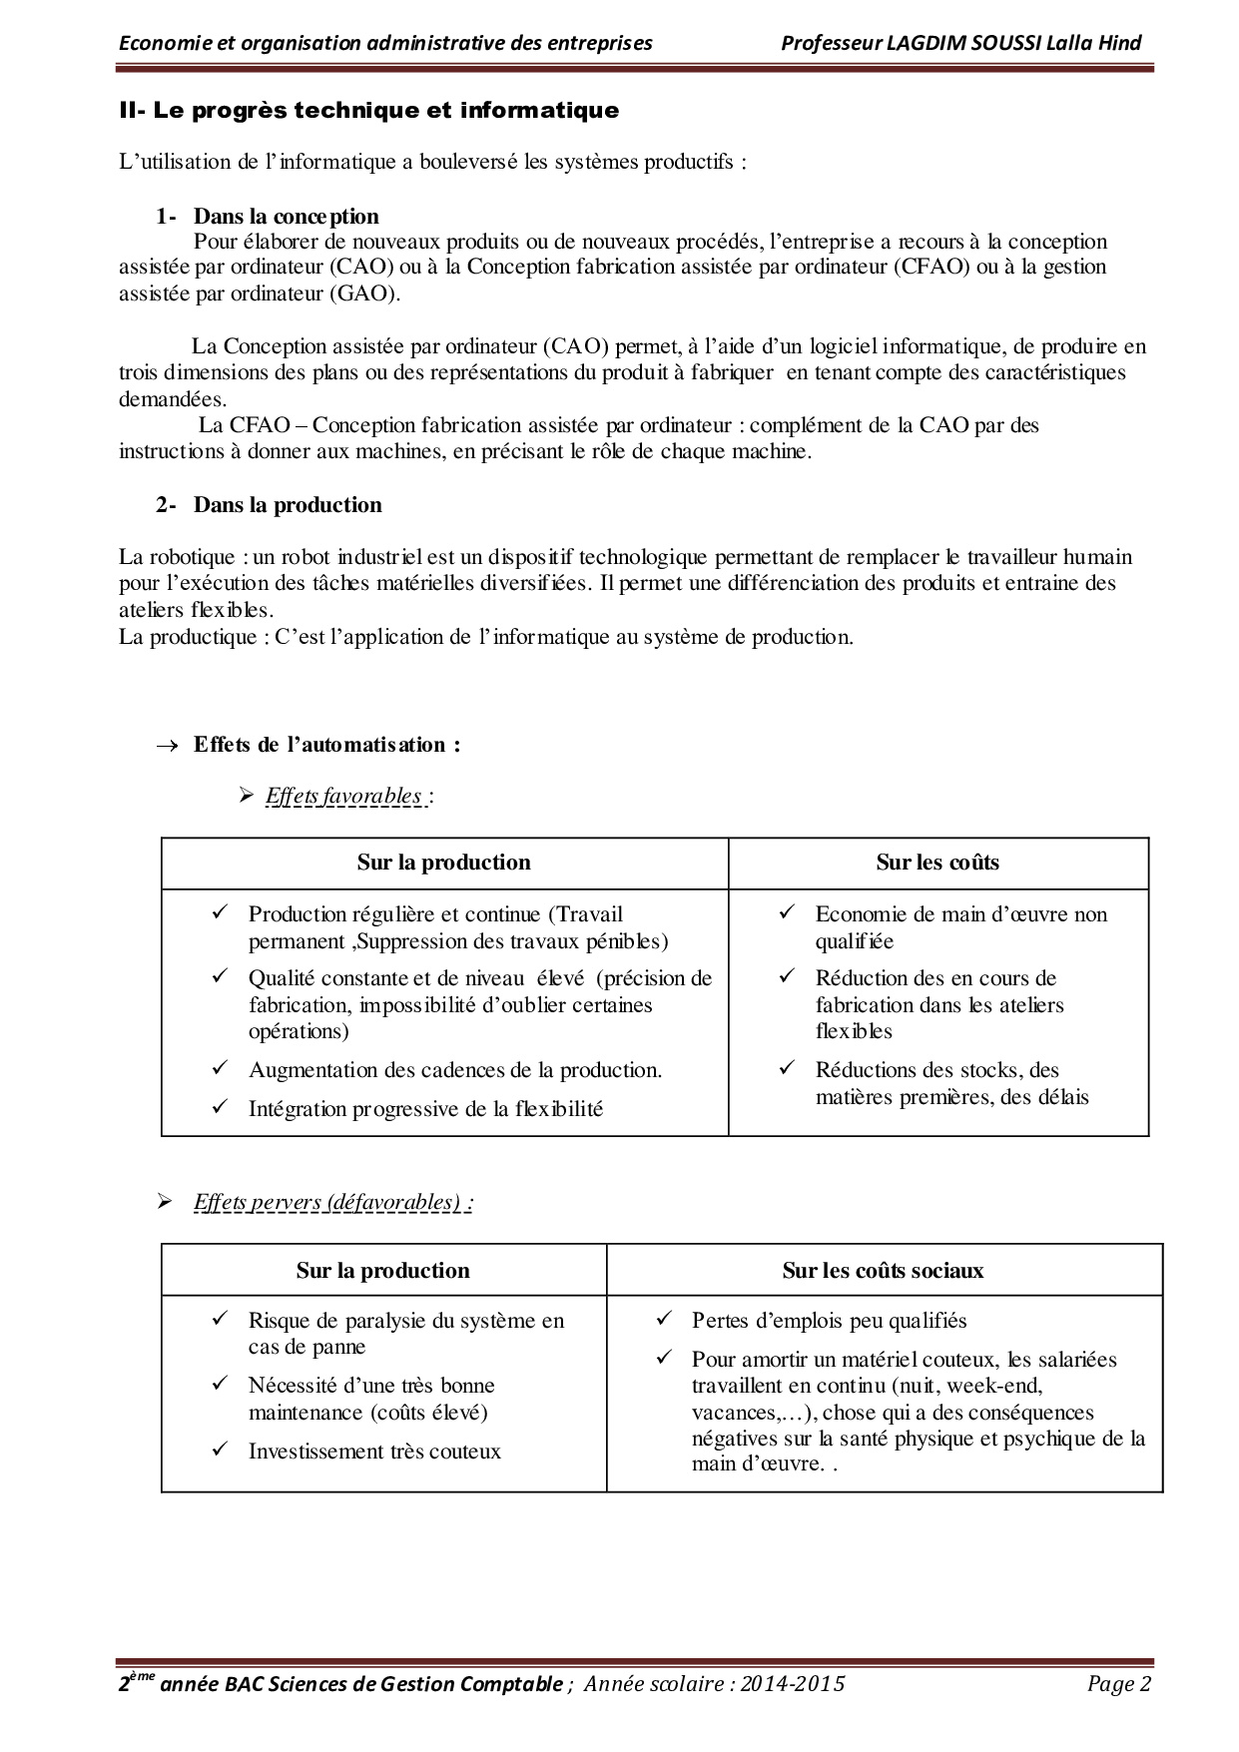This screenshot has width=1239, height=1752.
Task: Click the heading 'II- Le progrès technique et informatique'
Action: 368,111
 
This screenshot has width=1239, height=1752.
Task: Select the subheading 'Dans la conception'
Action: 286,217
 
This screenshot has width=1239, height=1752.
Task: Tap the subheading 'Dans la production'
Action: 288,505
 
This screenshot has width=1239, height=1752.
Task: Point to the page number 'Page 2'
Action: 1119,1684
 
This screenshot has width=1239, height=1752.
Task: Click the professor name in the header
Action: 960,42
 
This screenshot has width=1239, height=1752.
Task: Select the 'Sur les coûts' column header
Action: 937,863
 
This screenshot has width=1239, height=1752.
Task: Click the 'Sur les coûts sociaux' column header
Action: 883,1271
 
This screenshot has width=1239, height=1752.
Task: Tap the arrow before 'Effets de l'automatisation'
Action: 168,746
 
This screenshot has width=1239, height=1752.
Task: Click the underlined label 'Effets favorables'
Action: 343,796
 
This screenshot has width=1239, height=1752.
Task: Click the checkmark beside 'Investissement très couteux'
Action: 221,1449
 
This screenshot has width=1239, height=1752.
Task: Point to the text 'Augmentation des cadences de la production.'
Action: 455,1070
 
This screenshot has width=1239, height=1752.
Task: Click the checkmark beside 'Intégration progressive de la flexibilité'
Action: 221,1106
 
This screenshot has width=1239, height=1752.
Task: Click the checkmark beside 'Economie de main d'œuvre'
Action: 787,911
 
